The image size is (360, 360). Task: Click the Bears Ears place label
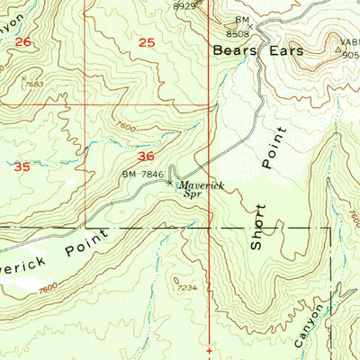[x=258, y=51]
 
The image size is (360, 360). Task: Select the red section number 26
[x=23, y=42]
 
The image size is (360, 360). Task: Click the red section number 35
[x=23, y=166]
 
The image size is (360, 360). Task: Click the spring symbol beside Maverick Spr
[x=171, y=183]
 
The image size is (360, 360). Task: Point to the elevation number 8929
[x=184, y=5]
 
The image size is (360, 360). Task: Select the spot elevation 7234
[x=187, y=287]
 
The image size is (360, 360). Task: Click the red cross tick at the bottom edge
[x=209, y=349]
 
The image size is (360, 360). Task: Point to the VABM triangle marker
[x=339, y=51]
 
